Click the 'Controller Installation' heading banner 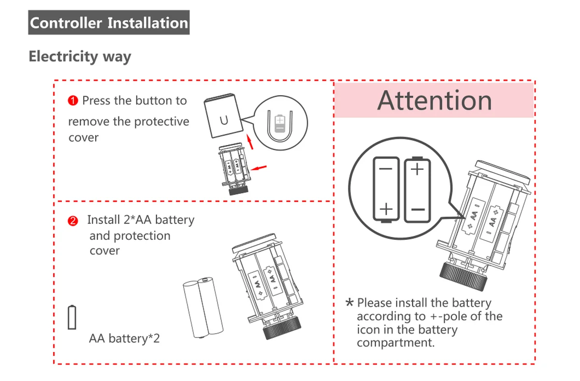click(109, 23)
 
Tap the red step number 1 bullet click(73, 101)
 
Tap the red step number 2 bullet click(72, 221)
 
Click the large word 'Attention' click(435, 101)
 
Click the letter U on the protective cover click(224, 120)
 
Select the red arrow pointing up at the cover click(250, 142)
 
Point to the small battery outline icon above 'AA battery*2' click(72, 317)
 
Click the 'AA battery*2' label click(124, 338)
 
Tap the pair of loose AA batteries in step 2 click(203, 308)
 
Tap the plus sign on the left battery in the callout click(386, 209)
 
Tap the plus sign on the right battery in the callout click(417, 169)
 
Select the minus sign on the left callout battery click(386, 169)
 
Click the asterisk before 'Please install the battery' click(349, 303)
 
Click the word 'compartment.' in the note click(396, 343)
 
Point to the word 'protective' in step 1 click(161, 121)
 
